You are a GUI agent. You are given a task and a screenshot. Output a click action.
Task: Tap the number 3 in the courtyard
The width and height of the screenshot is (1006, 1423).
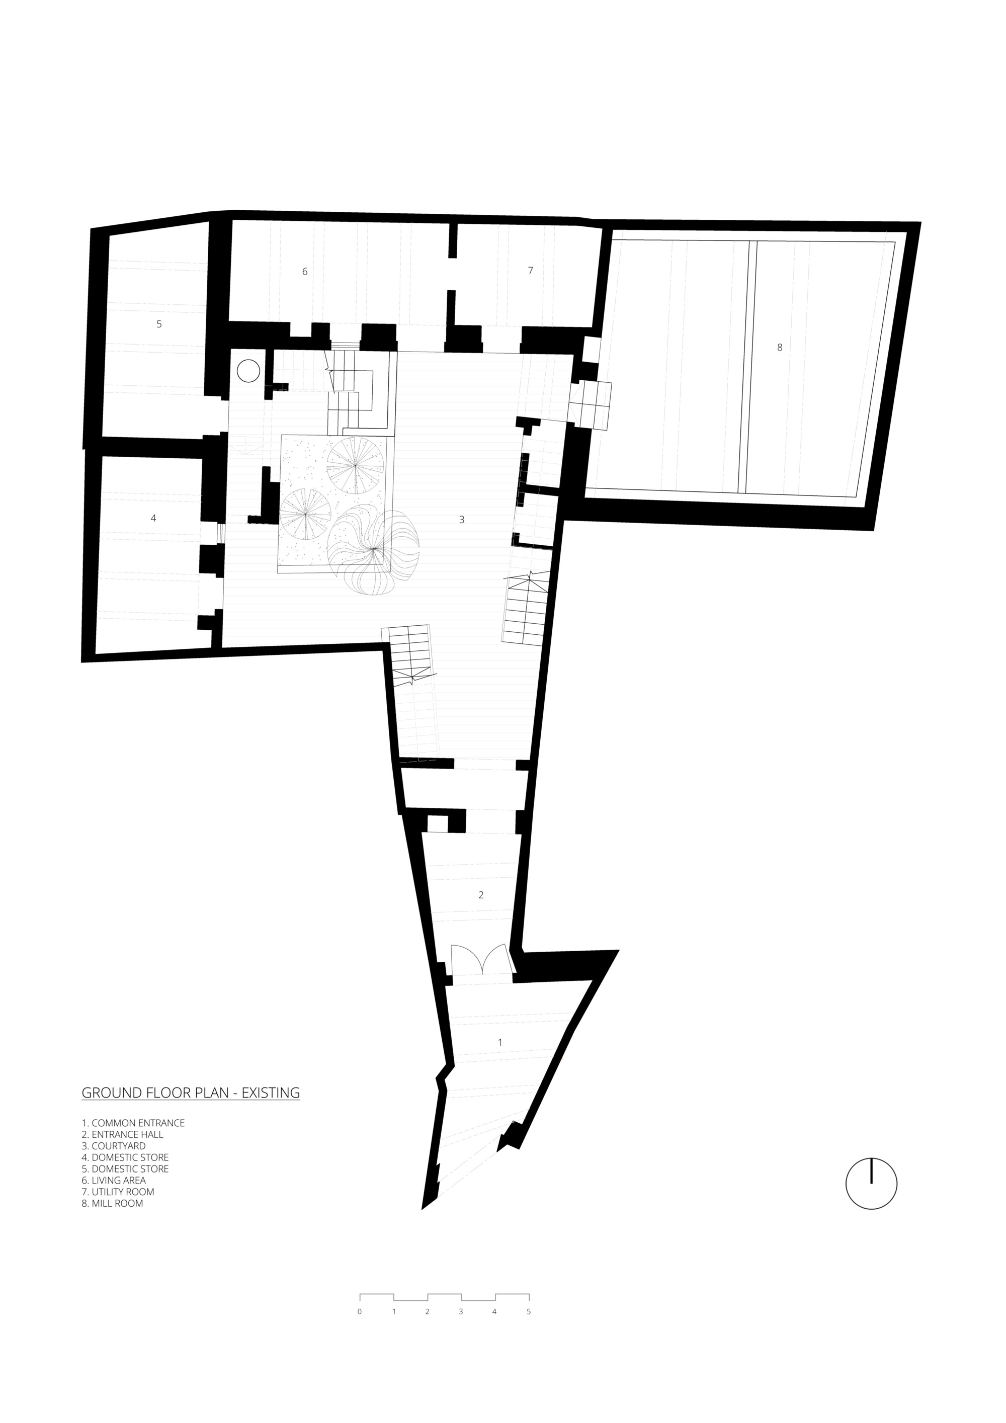click(x=461, y=520)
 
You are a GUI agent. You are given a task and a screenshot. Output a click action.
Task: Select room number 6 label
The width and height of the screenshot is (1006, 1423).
click(x=304, y=272)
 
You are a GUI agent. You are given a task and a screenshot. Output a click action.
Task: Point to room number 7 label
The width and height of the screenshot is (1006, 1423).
click(x=530, y=270)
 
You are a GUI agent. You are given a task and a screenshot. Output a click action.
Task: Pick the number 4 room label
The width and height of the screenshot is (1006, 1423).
click(x=153, y=518)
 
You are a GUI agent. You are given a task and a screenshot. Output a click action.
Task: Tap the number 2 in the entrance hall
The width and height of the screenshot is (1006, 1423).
click(x=480, y=895)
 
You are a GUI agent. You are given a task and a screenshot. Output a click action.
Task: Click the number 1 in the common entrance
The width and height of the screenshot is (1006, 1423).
click(x=500, y=1042)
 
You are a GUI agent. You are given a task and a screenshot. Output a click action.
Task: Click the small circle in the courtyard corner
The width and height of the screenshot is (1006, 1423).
click(x=248, y=371)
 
